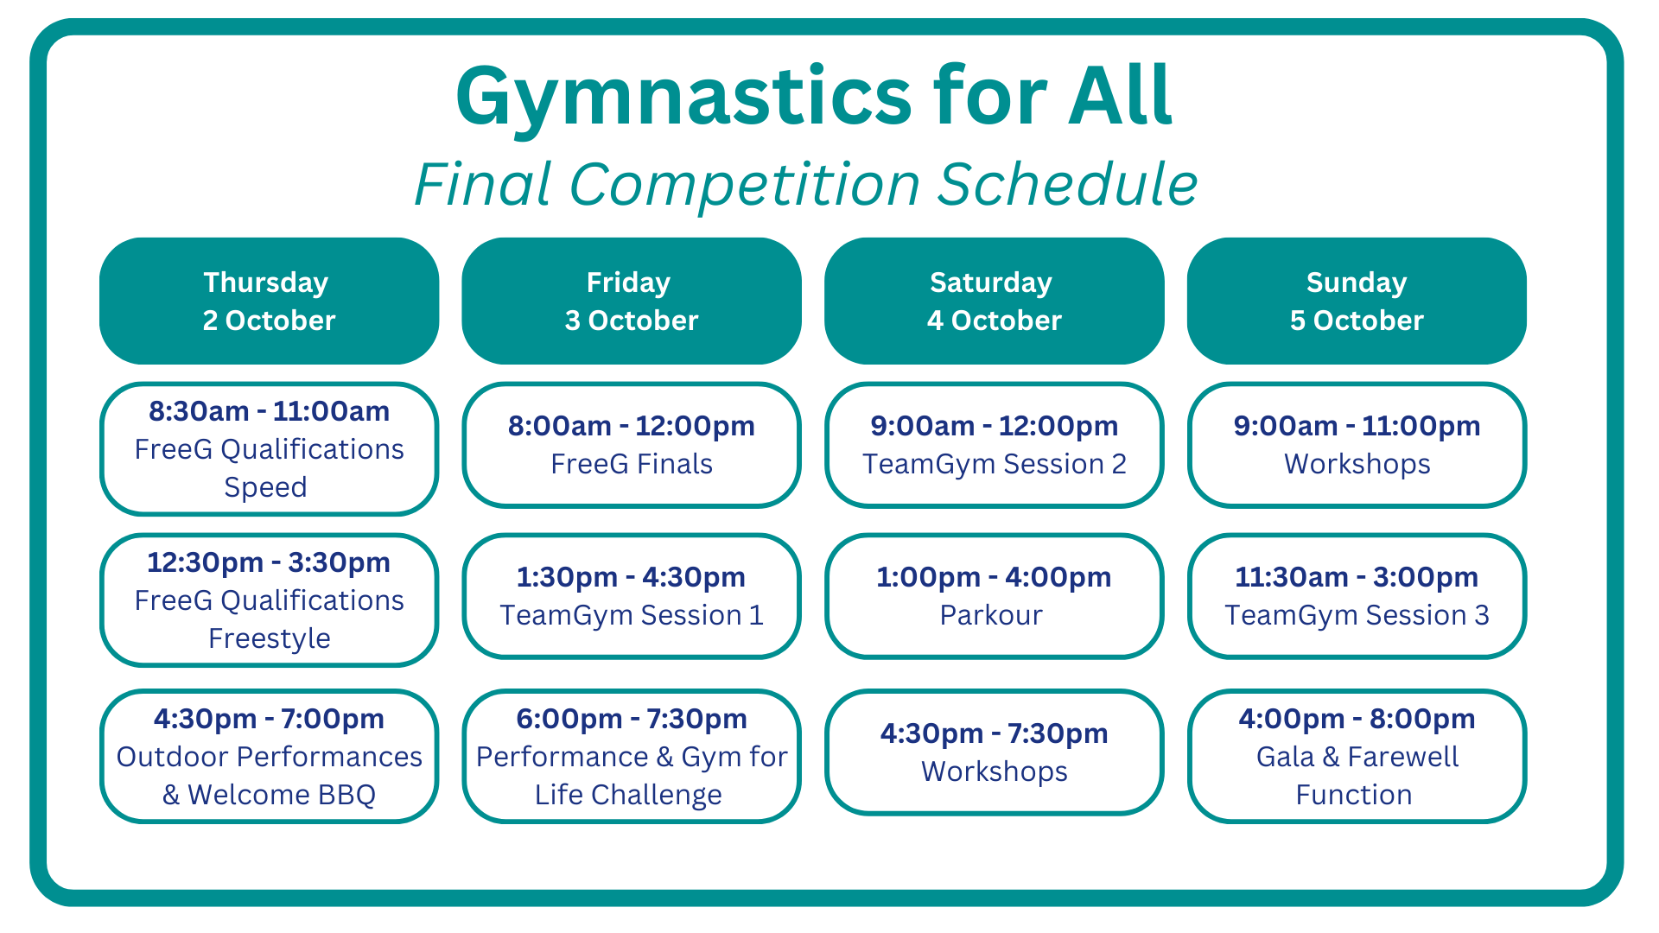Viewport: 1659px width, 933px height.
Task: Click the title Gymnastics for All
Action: (813, 97)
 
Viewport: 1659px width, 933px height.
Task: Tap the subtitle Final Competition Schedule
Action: (805, 185)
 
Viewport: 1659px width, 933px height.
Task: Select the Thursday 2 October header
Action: (270, 301)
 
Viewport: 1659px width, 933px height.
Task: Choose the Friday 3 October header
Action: (632, 301)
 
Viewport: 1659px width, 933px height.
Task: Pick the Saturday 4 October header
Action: (995, 301)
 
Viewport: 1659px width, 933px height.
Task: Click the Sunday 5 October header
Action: (1357, 301)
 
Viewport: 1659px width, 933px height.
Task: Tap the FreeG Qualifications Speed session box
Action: (270, 449)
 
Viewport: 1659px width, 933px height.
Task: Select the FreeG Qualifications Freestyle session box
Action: (270, 600)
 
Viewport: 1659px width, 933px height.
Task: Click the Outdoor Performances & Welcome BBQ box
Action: (270, 756)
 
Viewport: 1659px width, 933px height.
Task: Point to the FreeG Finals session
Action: (632, 445)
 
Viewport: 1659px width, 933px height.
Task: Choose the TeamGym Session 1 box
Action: (632, 596)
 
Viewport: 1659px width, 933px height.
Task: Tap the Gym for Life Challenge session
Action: (632, 756)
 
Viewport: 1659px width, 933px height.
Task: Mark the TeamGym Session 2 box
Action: (995, 445)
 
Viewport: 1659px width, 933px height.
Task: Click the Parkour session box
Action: (995, 596)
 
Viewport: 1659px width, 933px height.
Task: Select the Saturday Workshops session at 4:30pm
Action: (995, 752)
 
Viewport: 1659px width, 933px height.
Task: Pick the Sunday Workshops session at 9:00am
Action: (1357, 445)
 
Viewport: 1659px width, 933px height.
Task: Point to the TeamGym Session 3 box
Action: (1357, 596)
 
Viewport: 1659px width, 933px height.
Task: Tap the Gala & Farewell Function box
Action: (1357, 756)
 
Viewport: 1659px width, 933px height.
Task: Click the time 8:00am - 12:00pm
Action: (632, 426)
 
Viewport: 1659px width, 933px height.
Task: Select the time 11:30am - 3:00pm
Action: (1357, 577)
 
